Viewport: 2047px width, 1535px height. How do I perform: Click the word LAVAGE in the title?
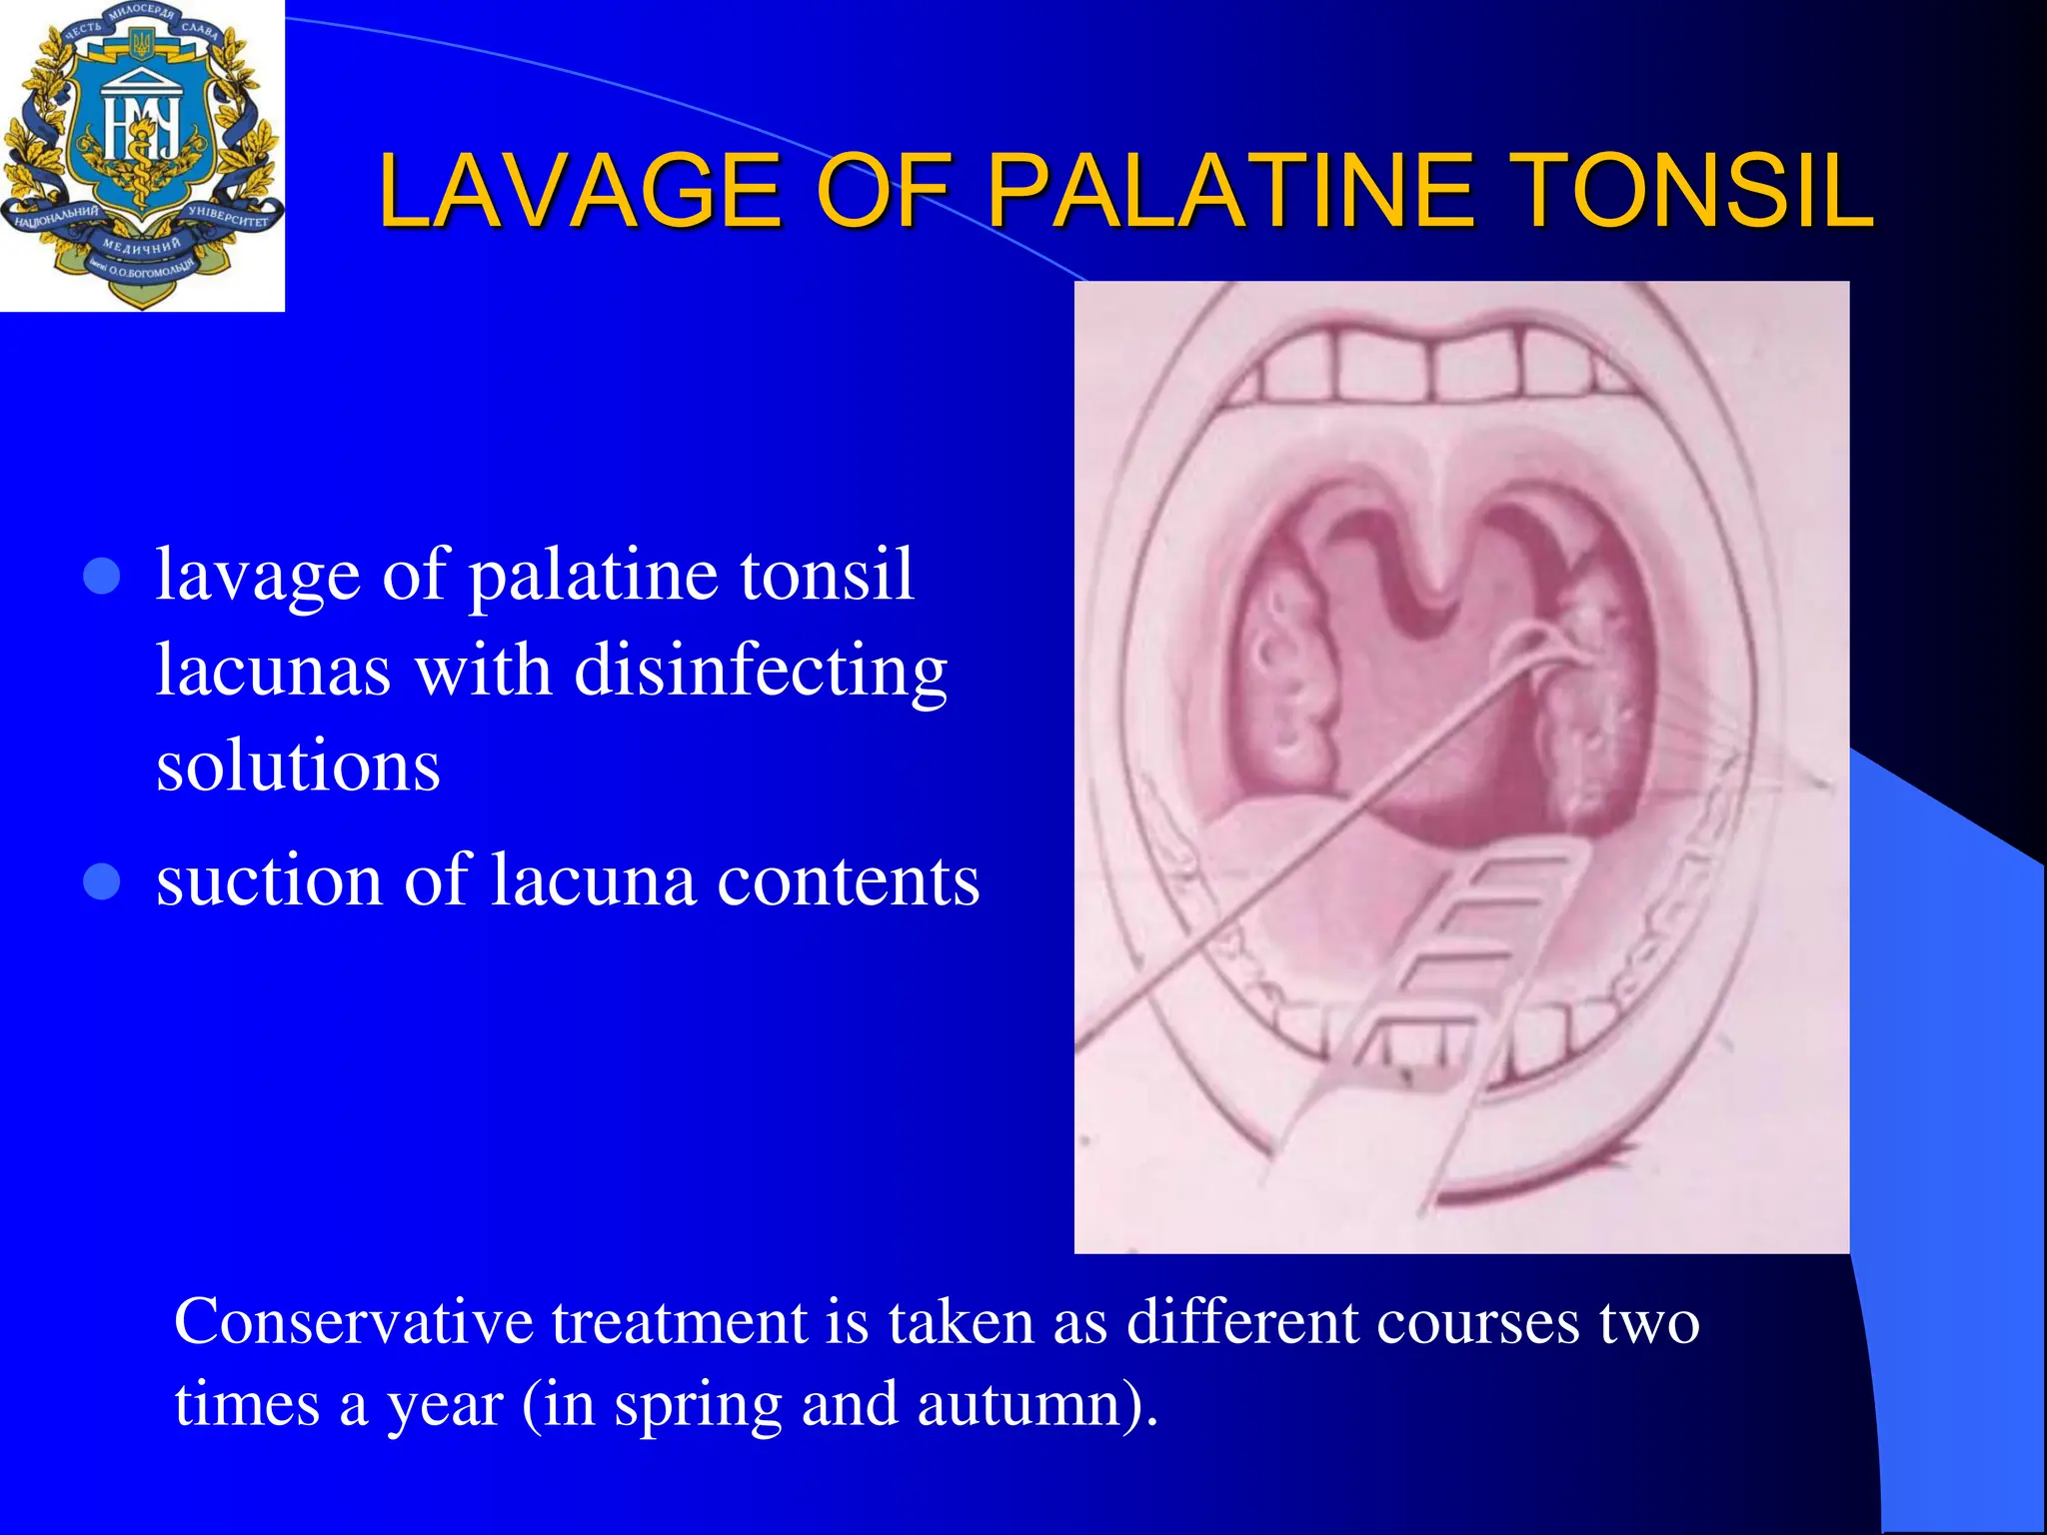[x=580, y=191]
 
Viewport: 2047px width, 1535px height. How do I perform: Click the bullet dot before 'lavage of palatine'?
[x=102, y=577]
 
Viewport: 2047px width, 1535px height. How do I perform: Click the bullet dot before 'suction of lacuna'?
[x=102, y=882]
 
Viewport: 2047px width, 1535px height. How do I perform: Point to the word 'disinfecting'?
[x=761, y=672]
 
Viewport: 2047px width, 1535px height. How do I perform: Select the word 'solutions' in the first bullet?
[x=298, y=766]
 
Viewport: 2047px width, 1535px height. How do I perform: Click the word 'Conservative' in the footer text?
[x=354, y=1322]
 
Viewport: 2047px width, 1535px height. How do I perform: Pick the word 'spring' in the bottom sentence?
[x=698, y=1403]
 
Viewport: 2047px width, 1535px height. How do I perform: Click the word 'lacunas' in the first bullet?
[x=273, y=672]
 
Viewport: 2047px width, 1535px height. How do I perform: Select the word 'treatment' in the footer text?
[x=679, y=1322]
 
